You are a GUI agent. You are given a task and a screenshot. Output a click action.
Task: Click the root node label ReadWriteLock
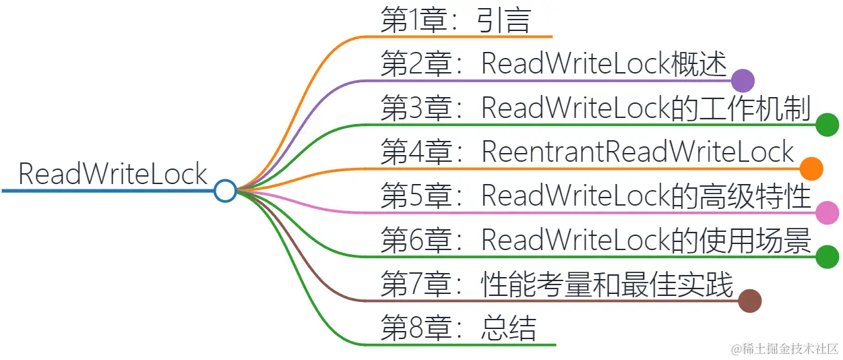(x=113, y=174)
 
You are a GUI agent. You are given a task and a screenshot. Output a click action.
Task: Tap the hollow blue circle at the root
(x=225, y=191)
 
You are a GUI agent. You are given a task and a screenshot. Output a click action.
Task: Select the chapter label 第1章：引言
(x=456, y=20)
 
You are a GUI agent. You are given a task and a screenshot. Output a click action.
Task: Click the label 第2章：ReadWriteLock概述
(x=553, y=65)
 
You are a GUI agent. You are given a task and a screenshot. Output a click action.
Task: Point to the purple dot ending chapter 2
(x=742, y=81)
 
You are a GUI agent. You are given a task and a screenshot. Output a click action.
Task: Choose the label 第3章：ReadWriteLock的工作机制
(x=595, y=109)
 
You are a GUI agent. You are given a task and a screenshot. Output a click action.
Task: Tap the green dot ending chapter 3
(x=827, y=125)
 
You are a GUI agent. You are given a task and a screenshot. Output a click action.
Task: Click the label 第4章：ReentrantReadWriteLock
(x=587, y=152)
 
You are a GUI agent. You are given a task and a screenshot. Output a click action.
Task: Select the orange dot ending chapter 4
(x=811, y=169)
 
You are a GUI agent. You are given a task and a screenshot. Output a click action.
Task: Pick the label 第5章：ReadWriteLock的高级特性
(x=595, y=196)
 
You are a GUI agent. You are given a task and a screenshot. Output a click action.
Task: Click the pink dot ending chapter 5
(x=827, y=213)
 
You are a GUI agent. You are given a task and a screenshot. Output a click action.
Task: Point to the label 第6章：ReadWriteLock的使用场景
(x=595, y=241)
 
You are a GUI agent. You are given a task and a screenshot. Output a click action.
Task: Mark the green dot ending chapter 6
(x=827, y=257)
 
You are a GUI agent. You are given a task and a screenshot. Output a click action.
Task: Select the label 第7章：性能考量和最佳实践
(x=556, y=284)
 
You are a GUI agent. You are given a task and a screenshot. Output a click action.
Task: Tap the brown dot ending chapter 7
(x=749, y=301)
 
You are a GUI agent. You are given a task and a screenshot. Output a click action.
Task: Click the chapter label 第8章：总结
(x=458, y=328)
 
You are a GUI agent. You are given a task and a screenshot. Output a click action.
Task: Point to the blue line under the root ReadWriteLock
(x=108, y=191)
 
